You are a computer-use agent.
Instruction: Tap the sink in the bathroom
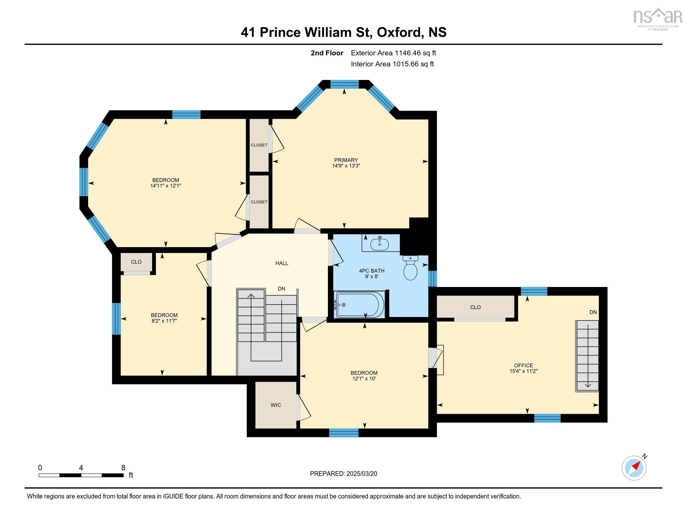click(x=380, y=244)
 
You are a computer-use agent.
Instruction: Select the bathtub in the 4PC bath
click(x=360, y=305)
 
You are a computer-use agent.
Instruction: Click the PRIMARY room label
click(x=346, y=160)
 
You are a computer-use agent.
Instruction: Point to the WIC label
click(x=275, y=405)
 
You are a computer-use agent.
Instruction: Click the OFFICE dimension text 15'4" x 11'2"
click(x=523, y=371)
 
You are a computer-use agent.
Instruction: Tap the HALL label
click(x=282, y=263)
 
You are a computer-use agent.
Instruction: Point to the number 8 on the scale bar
click(x=123, y=468)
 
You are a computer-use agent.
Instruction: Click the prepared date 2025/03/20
click(x=361, y=474)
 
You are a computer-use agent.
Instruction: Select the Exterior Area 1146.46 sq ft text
click(x=393, y=53)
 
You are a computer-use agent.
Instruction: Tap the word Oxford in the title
click(x=398, y=32)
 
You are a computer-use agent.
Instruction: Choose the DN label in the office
click(x=593, y=312)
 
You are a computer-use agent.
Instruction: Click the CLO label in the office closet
click(x=475, y=307)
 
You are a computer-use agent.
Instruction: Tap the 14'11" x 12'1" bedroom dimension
click(x=166, y=186)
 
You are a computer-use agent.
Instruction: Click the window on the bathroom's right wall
click(x=433, y=278)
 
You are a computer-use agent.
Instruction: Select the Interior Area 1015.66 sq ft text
click(x=392, y=64)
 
